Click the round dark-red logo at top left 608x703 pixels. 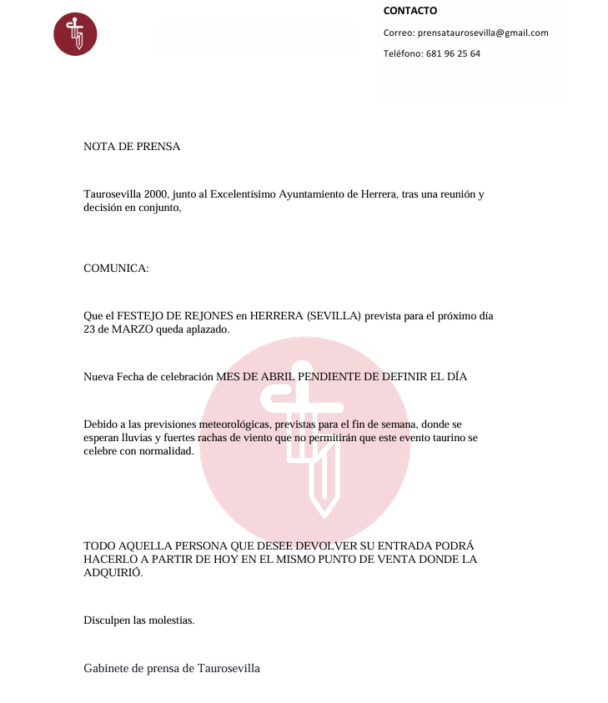pyautogui.click(x=75, y=34)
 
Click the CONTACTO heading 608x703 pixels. pyautogui.click(x=410, y=12)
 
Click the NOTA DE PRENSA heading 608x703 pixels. pyautogui.click(x=132, y=147)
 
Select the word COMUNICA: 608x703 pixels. pyautogui.click(x=116, y=269)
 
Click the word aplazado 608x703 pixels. pyautogui.click(x=207, y=330)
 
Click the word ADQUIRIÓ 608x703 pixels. pyautogui.click(x=113, y=573)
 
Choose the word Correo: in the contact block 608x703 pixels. pyautogui.click(x=399, y=33)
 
